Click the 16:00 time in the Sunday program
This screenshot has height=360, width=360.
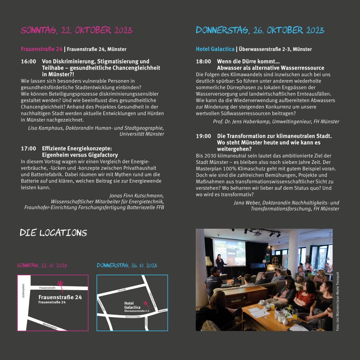[28, 61]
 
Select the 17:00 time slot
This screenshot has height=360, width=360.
[28, 149]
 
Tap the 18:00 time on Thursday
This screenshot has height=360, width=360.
[203, 61]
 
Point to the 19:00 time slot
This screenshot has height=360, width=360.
[203, 136]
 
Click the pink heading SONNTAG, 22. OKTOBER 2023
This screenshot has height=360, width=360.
[76, 30]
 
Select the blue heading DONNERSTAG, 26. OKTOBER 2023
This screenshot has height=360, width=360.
[260, 30]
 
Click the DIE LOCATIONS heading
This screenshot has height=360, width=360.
[53, 233]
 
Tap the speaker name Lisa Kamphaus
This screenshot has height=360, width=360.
[46, 128]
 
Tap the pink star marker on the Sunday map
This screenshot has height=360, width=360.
[61, 284]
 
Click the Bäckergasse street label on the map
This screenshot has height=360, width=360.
[50, 325]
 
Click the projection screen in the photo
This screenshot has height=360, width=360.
[229, 252]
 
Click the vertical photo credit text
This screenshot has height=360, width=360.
[338, 301]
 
